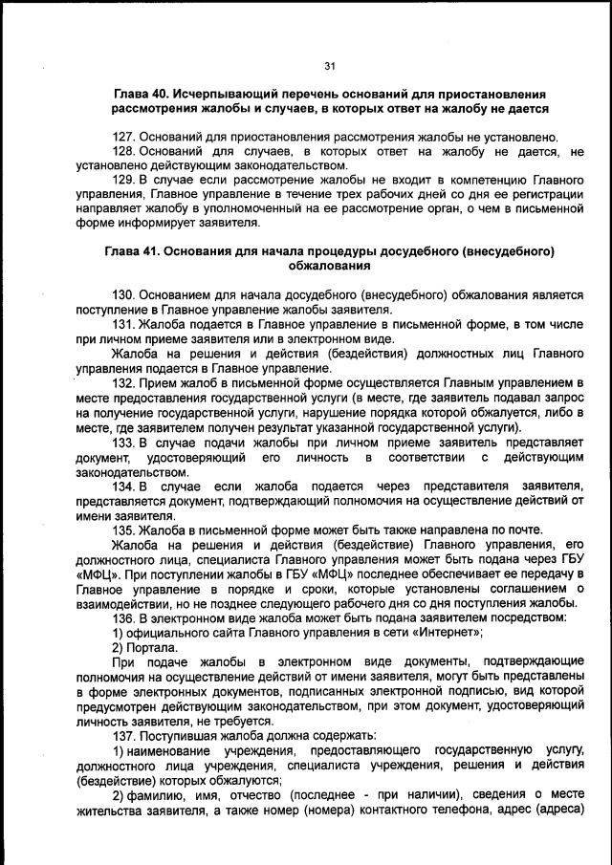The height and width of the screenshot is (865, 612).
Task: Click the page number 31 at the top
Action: (330, 65)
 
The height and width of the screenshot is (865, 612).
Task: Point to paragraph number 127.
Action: (124, 137)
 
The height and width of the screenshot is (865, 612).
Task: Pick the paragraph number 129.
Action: (124, 180)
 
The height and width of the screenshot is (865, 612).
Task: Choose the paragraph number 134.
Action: (124, 486)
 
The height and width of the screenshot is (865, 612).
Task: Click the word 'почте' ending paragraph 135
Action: (522, 530)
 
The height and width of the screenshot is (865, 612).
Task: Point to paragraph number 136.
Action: (124, 616)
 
